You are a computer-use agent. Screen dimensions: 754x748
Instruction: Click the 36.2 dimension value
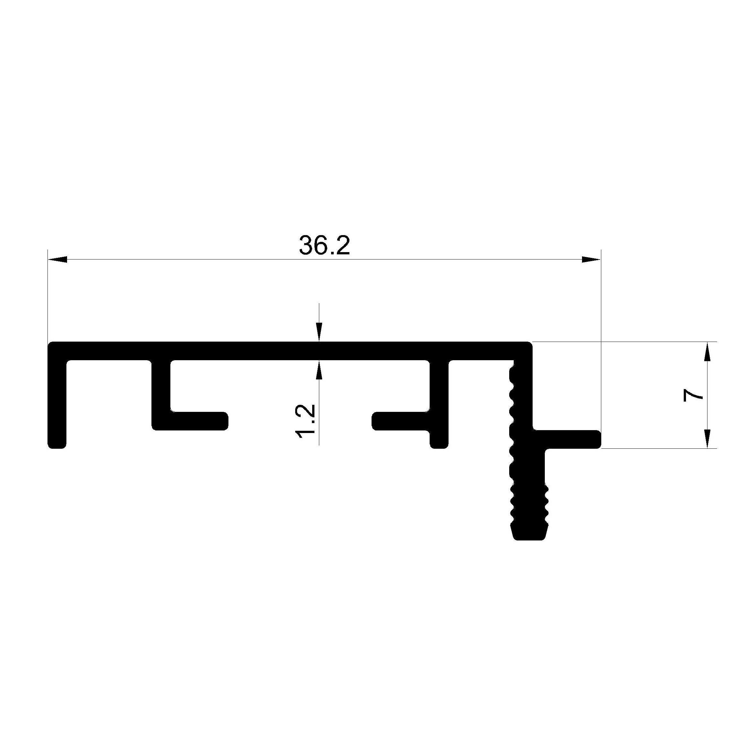325,245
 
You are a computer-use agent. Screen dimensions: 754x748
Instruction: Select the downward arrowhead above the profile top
320,332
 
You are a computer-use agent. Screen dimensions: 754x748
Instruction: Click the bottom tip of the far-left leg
57,448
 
